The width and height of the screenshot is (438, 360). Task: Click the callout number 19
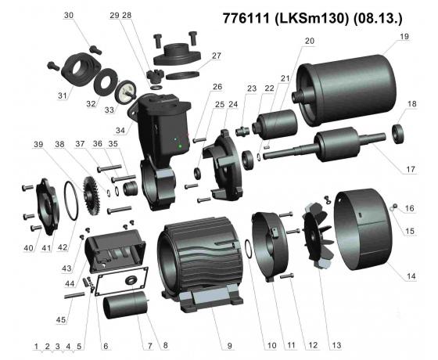404,37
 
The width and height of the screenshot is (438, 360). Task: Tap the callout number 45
61,320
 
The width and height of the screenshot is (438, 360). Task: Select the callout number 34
120,130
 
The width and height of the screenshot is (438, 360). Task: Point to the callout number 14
411,276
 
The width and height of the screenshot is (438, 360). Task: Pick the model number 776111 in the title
246,19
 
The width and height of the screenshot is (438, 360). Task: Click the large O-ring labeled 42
71,200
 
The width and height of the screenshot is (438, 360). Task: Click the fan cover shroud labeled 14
362,229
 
